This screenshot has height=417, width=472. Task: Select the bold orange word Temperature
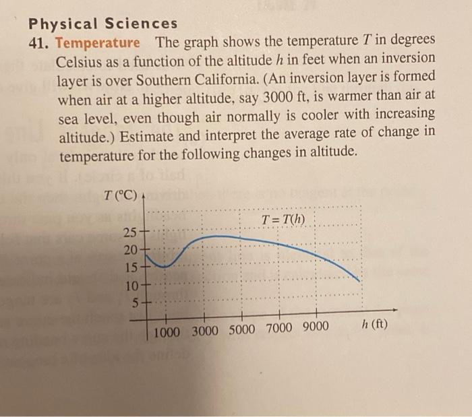tap(98, 43)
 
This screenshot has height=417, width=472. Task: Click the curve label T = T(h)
tap(283, 220)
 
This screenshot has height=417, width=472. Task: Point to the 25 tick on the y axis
tap(130, 234)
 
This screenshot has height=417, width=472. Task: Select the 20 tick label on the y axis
tap(130, 250)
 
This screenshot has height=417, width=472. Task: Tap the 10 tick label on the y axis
tap(130, 284)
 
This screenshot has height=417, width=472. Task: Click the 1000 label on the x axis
tap(171, 331)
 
